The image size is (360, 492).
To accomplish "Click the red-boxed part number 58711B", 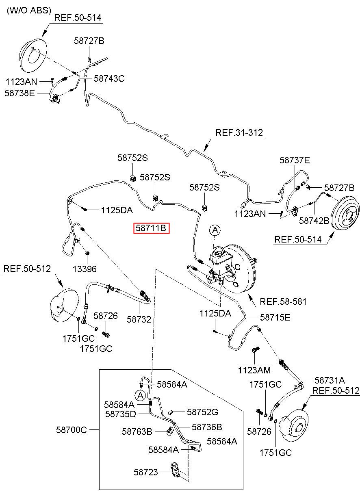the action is click(151, 228).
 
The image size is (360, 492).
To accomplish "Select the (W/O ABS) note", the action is click(29, 10).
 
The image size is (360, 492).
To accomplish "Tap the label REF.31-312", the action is click(239, 132).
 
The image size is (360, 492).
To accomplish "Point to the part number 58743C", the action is click(109, 78).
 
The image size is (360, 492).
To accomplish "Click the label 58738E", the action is click(20, 93).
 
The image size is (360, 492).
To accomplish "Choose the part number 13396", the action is click(85, 269).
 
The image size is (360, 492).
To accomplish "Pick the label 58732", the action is click(139, 319).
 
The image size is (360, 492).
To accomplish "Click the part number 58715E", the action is click(275, 317).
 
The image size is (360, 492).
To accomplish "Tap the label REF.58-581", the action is click(283, 301).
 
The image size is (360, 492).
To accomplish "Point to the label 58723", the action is click(146, 472).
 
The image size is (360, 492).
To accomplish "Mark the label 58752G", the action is click(202, 412).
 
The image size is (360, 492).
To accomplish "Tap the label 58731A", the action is click(330, 380).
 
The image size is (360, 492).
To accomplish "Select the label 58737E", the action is click(295, 160).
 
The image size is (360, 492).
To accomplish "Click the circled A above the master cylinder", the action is click(215, 230).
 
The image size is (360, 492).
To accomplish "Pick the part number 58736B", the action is click(207, 427).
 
